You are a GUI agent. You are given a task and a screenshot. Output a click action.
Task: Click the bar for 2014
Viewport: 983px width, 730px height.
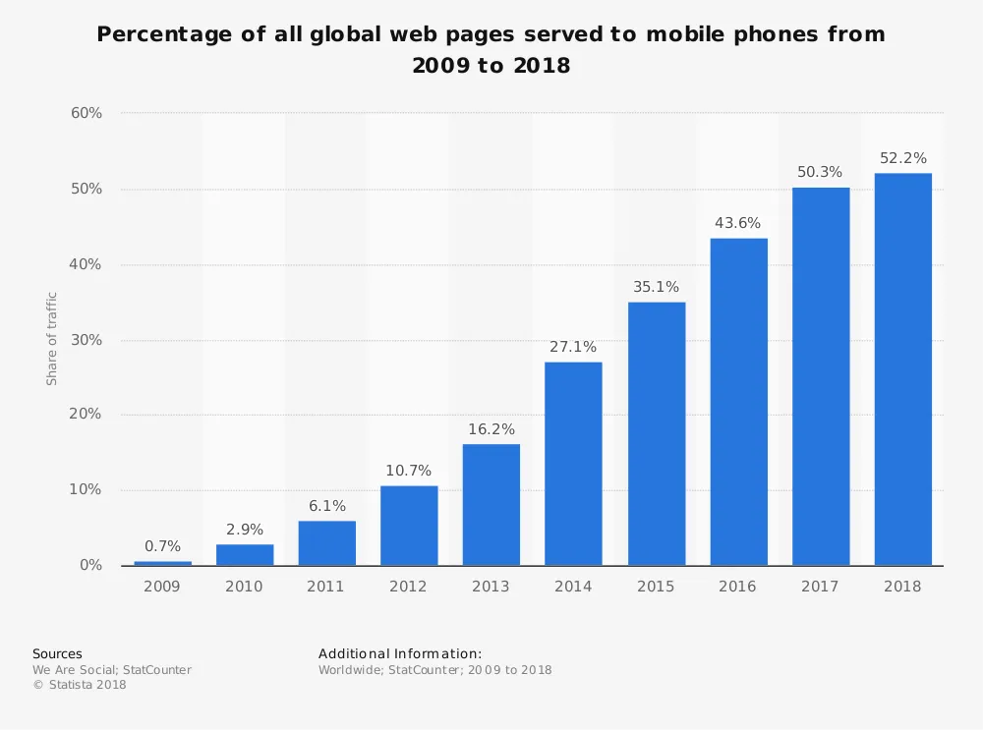click(x=573, y=464)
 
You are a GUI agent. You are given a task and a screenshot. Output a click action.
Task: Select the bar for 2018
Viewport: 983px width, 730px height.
click(x=902, y=369)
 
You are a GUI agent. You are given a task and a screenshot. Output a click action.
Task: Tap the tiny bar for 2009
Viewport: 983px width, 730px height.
click(x=163, y=563)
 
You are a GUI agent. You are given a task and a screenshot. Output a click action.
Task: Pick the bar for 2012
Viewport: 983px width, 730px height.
click(x=409, y=526)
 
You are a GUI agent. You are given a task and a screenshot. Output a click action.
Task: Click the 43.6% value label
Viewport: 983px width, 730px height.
click(x=737, y=223)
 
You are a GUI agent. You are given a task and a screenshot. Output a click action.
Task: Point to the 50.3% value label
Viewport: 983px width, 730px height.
click(x=820, y=172)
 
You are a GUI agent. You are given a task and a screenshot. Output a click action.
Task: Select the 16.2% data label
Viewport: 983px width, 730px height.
click(x=491, y=429)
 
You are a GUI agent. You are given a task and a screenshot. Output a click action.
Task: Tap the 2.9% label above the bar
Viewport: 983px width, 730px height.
click(x=245, y=530)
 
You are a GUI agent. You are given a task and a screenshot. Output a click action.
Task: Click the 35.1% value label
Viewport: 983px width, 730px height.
click(x=656, y=287)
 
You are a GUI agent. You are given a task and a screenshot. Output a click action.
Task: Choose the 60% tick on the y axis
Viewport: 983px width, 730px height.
click(x=87, y=113)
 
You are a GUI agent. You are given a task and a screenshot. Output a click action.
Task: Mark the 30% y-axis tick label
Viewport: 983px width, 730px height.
click(x=87, y=340)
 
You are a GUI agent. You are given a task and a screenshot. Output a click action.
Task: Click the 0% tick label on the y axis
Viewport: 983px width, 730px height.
click(x=90, y=566)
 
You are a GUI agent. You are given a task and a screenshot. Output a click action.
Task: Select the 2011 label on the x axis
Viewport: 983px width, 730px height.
click(x=326, y=587)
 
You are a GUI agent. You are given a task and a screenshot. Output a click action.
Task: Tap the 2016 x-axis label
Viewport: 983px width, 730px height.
click(x=737, y=587)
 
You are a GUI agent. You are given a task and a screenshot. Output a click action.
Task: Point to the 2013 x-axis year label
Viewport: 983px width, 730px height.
click(x=491, y=587)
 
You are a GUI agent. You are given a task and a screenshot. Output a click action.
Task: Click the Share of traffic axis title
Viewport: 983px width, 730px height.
click(x=52, y=339)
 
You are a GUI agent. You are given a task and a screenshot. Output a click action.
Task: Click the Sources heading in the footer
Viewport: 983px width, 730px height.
click(x=57, y=653)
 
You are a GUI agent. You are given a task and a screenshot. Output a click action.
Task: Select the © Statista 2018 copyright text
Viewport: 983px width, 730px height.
click(x=80, y=685)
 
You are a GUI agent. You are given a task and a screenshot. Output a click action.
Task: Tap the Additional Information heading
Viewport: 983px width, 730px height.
click(x=399, y=653)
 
